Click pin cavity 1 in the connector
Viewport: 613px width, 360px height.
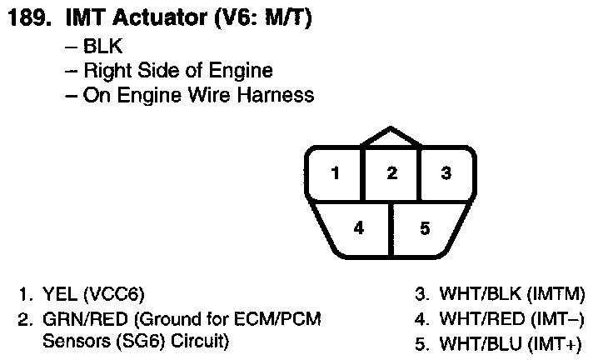click(x=335, y=174)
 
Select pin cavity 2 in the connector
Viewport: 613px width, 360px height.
click(x=391, y=174)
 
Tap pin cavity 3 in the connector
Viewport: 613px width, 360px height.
click(x=446, y=174)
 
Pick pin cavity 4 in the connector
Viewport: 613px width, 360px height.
click(x=358, y=227)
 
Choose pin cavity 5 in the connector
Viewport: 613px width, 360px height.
click(x=425, y=227)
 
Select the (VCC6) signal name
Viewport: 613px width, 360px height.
click(x=113, y=294)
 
